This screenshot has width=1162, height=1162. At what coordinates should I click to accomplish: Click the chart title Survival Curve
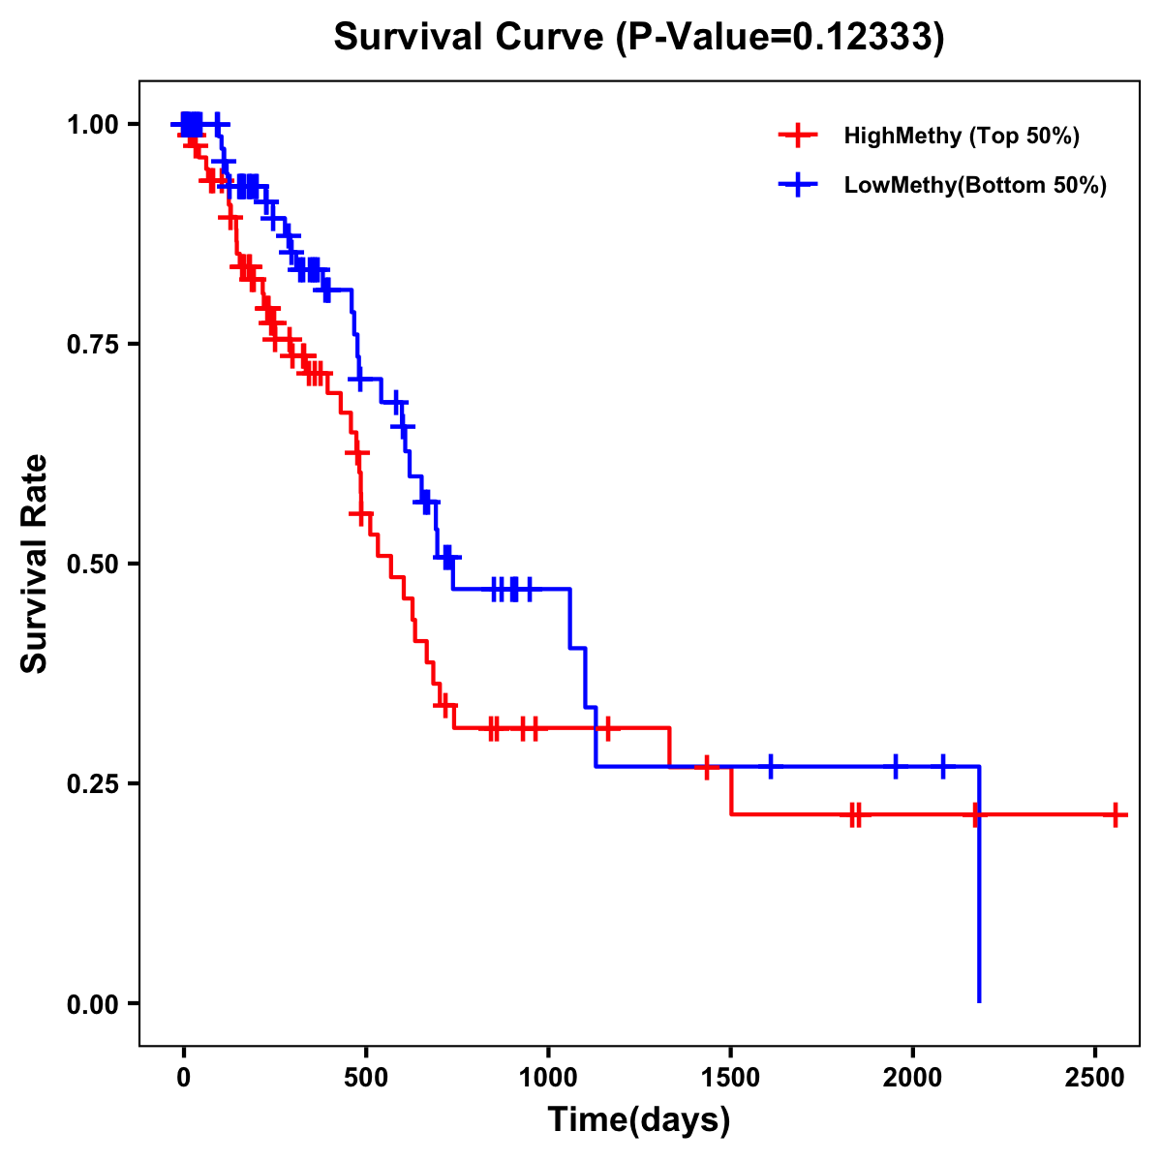click(638, 37)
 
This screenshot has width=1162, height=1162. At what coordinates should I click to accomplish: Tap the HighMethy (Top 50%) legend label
click(961, 136)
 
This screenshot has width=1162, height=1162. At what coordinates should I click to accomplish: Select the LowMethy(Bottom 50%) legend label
click(974, 186)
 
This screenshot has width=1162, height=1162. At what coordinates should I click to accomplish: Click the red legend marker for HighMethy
click(798, 136)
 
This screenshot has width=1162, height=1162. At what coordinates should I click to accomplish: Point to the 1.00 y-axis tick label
click(92, 125)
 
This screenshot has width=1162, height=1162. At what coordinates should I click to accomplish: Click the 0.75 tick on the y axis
click(92, 345)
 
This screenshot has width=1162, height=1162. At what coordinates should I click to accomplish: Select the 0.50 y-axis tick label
click(92, 565)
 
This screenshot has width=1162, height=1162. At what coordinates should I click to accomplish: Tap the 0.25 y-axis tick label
click(92, 784)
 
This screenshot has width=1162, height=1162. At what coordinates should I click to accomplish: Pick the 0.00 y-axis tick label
click(92, 1004)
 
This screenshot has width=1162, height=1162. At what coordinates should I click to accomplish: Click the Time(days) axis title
click(639, 1120)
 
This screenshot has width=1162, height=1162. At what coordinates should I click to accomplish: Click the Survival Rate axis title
click(35, 564)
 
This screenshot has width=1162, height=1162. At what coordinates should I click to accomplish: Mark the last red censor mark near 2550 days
click(1116, 815)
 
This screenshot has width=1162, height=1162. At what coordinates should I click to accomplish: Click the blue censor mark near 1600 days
click(771, 766)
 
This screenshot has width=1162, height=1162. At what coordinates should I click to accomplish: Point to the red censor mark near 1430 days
click(707, 767)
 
